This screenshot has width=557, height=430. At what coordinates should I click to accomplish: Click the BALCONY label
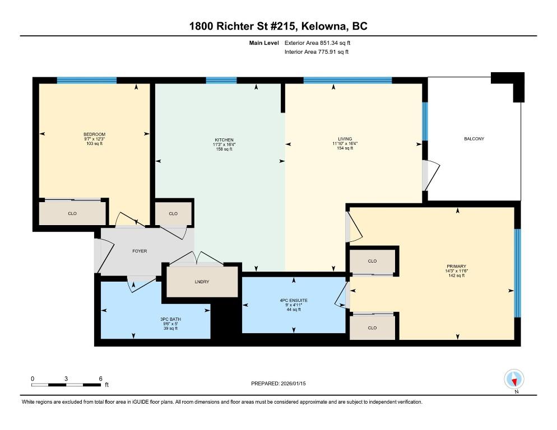[x=474, y=139]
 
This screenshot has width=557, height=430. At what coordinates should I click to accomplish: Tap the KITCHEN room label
[x=224, y=140]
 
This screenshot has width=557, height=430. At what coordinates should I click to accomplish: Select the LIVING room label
[x=345, y=139]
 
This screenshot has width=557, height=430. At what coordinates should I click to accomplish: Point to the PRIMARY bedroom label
[x=457, y=267]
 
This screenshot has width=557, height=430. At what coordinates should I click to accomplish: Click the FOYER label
[x=140, y=251]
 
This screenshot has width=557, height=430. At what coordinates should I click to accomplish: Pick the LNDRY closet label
[x=202, y=282]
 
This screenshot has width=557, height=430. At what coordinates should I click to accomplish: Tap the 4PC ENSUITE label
[x=294, y=301]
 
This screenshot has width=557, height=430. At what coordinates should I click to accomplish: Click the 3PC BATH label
[x=170, y=319]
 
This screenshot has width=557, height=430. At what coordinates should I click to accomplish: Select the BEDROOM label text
[x=95, y=134]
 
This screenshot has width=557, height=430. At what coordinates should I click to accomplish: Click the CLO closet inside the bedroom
[x=72, y=213]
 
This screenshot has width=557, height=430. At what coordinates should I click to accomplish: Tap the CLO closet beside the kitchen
[x=173, y=213]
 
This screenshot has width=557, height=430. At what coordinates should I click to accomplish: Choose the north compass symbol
[x=514, y=380]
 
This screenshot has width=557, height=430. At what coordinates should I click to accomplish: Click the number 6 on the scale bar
[x=100, y=379]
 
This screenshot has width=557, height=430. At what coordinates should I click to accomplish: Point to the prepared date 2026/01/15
[x=293, y=384]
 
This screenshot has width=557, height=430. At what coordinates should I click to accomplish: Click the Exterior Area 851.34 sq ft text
[x=317, y=43]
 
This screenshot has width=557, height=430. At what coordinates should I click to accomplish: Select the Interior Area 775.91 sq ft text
[x=317, y=52]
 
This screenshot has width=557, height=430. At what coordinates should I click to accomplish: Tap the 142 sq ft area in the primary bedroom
[x=457, y=275]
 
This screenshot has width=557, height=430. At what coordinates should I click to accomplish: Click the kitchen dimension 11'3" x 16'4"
[x=224, y=144]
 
